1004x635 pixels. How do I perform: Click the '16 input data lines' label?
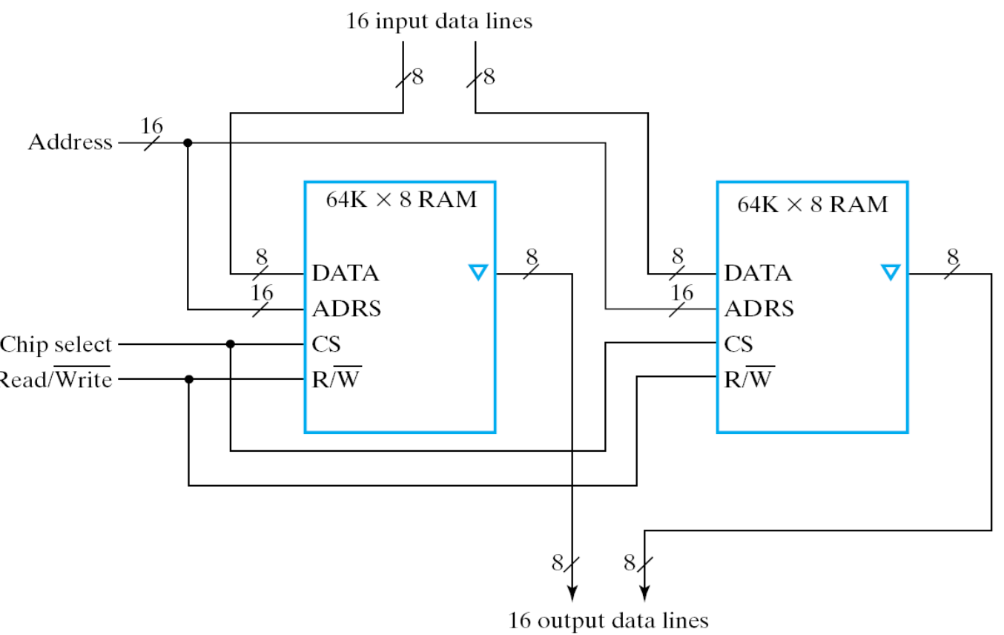pyautogui.click(x=439, y=22)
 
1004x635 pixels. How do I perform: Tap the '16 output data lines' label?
pyautogui.click(x=608, y=619)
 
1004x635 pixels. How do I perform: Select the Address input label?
pyautogui.click(x=70, y=142)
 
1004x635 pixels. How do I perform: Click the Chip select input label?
pyautogui.click(x=56, y=345)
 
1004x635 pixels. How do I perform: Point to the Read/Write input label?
pyautogui.click(x=56, y=380)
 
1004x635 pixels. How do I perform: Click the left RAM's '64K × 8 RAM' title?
pyautogui.click(x=401, y=201)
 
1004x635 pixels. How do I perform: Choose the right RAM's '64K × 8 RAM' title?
pyautogui.click(x=813, y=204)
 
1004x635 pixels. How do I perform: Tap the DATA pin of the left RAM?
pyautogui.click(x=346, y=274)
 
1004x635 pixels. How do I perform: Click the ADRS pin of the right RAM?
pyautogui.click(x=759, y=308)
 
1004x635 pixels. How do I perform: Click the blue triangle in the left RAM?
pyautogui.click(x=478, y=272)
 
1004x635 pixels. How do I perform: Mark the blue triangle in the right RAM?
pyautogui.click(x=891, y=272)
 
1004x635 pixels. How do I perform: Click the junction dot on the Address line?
pyautogui.click(x=188, y=142)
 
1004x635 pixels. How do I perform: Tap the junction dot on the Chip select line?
pyautogui.click(x=231, y=344)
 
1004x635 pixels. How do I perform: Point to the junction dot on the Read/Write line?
pyautogui.click(x=189, y=379)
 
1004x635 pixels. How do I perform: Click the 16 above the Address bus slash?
pyautogui.click(x=151, y=125)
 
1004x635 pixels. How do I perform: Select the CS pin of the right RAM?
pyautogui.click(x=738, y=344)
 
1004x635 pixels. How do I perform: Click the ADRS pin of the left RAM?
pyautogui.click(x=346, y=308)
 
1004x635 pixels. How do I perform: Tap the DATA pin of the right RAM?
pyautogui.click(x=758, y=274)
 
